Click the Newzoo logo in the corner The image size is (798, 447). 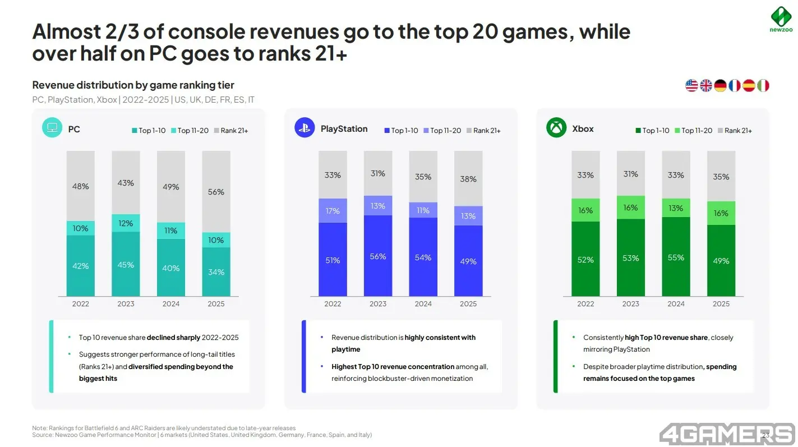[781, 20]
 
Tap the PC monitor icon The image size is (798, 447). [52, 127]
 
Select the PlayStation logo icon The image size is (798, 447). [305, 127]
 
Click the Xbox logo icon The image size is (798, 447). [556, 127]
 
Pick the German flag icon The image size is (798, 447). [720, 85]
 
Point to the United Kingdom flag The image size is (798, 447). [705, 85]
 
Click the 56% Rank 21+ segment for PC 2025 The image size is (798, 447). [216, 192]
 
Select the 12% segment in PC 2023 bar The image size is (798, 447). [126, 223]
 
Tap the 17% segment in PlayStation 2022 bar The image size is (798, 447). [333, 210]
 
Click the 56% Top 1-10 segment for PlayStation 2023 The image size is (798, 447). [377, 256]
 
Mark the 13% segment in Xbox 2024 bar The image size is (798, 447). [676, 208]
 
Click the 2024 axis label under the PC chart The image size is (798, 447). [171, 304]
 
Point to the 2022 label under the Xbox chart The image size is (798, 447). [585, 304]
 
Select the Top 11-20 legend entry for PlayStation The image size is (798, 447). [442, 131]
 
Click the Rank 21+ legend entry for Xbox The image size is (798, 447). [735, 131]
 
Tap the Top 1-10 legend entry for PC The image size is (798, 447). [149, 131]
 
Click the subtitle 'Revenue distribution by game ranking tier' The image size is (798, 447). [133, 85]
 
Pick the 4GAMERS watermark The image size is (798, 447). [727, 434]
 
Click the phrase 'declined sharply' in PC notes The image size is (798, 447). [173, 338]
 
